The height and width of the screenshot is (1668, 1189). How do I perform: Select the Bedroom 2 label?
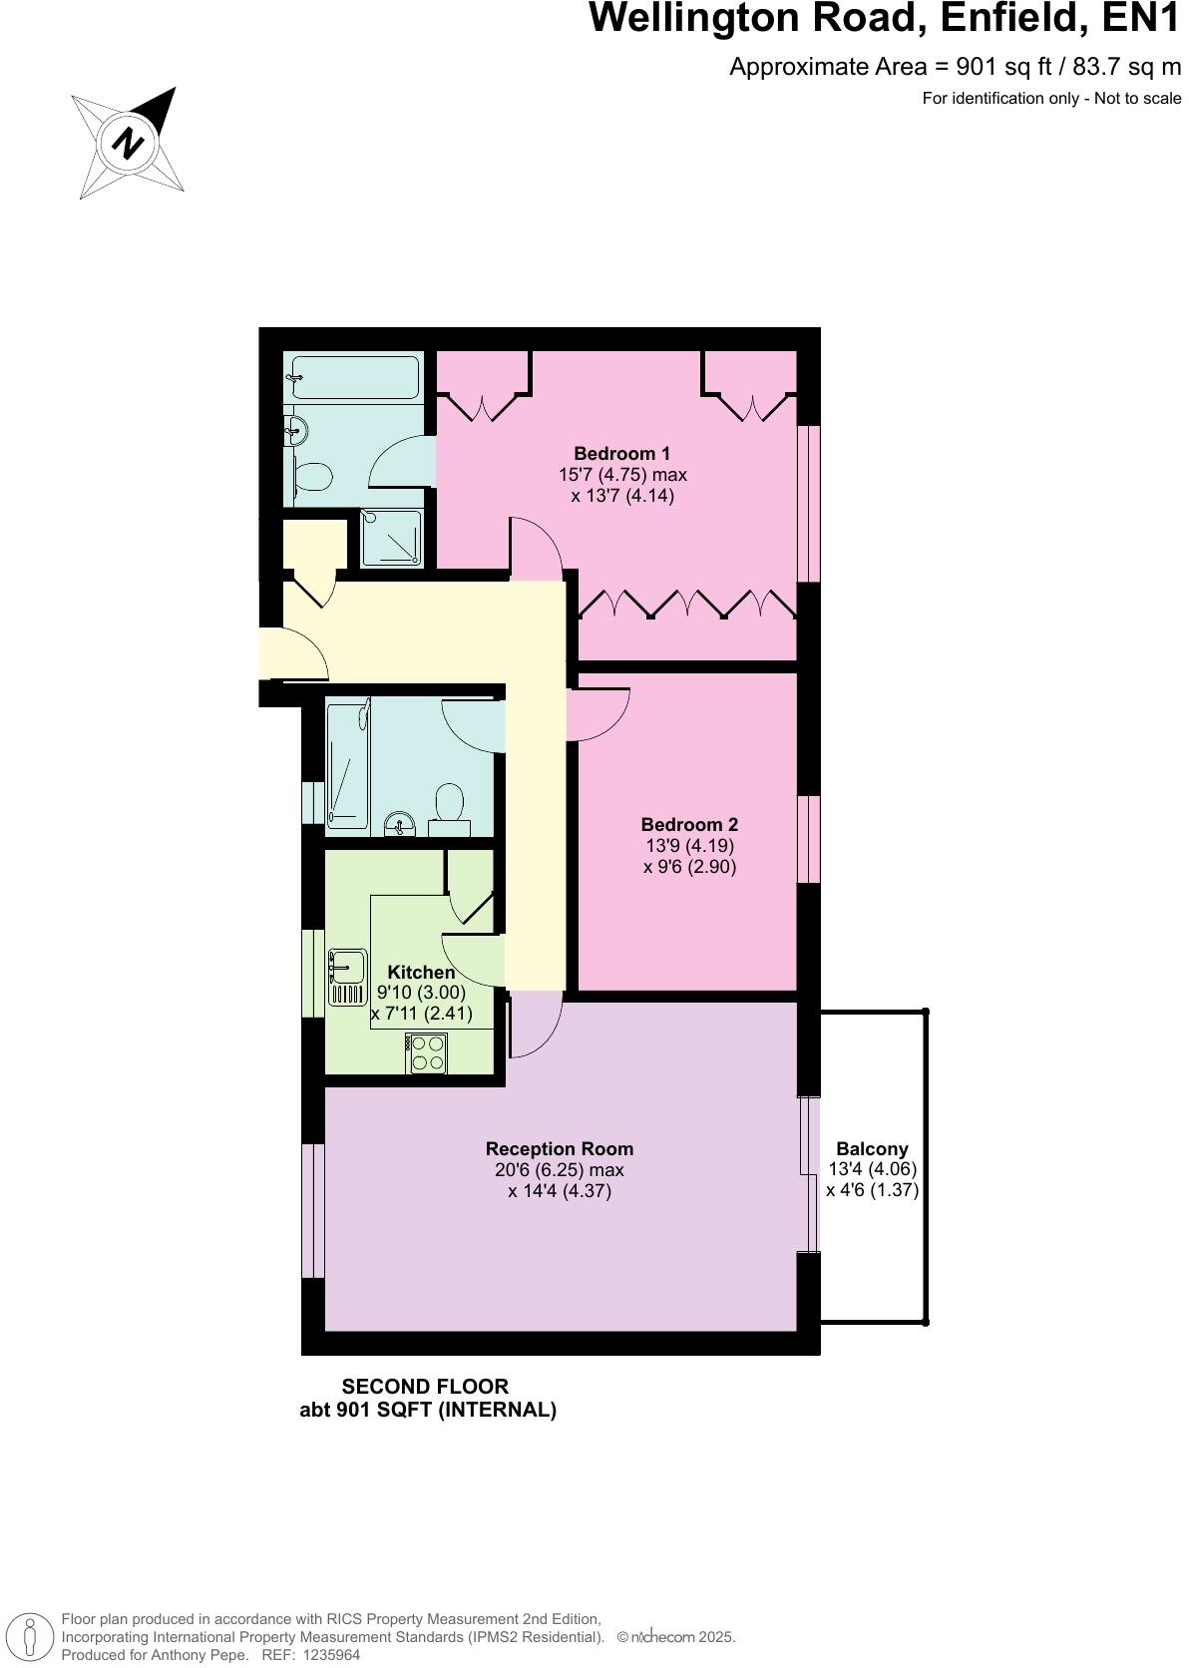tap(689, 824)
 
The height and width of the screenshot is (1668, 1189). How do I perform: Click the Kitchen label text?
tap(421, 972)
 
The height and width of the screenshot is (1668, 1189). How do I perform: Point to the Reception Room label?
tap(560, 1148)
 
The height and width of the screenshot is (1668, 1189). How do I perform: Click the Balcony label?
tap(872, 1148)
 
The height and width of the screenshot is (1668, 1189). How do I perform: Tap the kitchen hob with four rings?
tap(427, 1053)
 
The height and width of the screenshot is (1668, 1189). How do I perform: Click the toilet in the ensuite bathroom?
tap(312, 477)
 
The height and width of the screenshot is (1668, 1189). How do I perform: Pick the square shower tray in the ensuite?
tap(392, 539)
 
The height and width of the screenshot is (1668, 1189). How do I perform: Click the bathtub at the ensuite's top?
tap(351, 378)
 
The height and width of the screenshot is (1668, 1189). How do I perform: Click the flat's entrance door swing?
tap(295, 653)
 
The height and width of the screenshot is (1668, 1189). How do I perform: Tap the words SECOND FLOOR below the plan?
tap(425, 1386)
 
